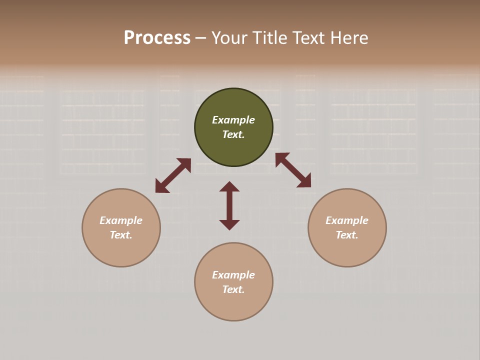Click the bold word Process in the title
point(157,38)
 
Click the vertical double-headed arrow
point(229,206)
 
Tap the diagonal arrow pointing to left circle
point(173,175)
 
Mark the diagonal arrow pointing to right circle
point(293,170)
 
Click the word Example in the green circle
point(233,120)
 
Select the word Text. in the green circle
point(233,134)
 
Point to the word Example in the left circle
point(121,220)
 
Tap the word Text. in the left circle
point(121,235)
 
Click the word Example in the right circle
point(347,220)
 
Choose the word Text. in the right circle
point(347,235)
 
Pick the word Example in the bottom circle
point(233,275)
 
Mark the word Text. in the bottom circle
point(233,289)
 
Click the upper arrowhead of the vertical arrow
point(229,186)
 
